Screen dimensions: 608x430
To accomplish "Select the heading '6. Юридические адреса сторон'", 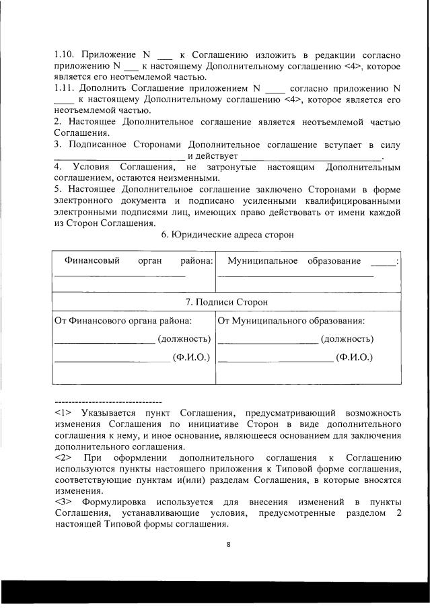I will pos(228,233).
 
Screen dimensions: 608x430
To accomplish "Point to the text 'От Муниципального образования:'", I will pos(291,321).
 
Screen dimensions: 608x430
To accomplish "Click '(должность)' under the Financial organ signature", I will pos(184,339).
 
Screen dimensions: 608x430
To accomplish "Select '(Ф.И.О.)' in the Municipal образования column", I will pos(355,357).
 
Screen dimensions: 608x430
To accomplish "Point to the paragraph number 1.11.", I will pos(65,87).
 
